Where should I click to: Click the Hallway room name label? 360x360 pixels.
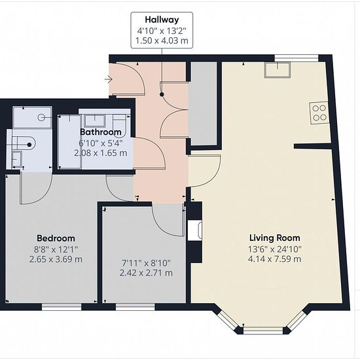pos(162,20)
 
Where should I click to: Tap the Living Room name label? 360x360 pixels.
pos(275,238)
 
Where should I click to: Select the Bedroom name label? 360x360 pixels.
pos(56,238)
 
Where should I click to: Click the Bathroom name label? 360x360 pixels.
pos(101,132)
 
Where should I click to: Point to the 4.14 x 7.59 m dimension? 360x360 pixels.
pos(275,259)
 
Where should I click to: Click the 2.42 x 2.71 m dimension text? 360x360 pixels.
pos(146,273)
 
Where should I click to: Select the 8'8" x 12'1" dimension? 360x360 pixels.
pos(56,249)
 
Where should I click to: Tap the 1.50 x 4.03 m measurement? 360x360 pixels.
pos(162,41)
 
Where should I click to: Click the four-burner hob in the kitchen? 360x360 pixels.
pos(319,113)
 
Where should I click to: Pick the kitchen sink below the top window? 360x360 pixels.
pos(278,69)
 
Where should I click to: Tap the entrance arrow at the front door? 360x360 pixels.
pos(109,79)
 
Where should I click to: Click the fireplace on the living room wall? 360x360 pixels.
pos(195,230)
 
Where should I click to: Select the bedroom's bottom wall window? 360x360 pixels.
pos(62,307)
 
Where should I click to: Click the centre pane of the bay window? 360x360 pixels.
pos(263,330)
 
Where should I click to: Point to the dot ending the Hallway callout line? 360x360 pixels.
pos(162,94)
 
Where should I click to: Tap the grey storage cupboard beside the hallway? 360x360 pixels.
pos(203,103)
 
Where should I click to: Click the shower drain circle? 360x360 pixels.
pos(41,118)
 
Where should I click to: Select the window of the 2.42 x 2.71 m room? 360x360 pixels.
pos(135,307)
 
